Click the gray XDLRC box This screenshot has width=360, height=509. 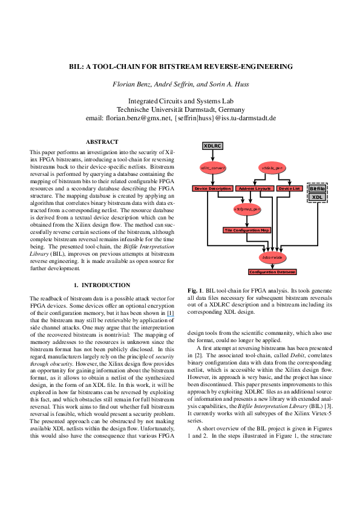tap(212, 146)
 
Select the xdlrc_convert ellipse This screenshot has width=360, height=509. tap(212, 167)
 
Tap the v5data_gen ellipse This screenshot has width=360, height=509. tap(272, 167)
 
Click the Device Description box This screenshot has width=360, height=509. tap(212, 189)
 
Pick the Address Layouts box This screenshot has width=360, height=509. tap(255, 189)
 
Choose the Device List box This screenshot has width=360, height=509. tap(289, 189)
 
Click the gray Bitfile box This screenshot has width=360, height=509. tap(317, 189)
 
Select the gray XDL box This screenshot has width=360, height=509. tap(317, 197)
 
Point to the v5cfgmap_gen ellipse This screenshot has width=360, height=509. tap(247, 210)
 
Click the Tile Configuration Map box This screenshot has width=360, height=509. tap(247, 230)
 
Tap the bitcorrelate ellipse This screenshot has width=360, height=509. tap(272, 258)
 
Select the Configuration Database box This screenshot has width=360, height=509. tap(272, 272)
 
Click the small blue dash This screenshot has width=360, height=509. tap(171, 316)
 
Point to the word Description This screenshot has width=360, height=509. tap(220, 189)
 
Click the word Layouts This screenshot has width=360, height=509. tap(263, 189)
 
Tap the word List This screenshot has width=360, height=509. tap(296, 189)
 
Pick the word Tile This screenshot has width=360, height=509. tap(228, 230)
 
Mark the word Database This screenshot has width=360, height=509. tap(286, 272)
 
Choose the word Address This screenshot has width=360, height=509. tap(246, 189)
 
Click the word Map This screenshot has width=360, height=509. tap(265, 230)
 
